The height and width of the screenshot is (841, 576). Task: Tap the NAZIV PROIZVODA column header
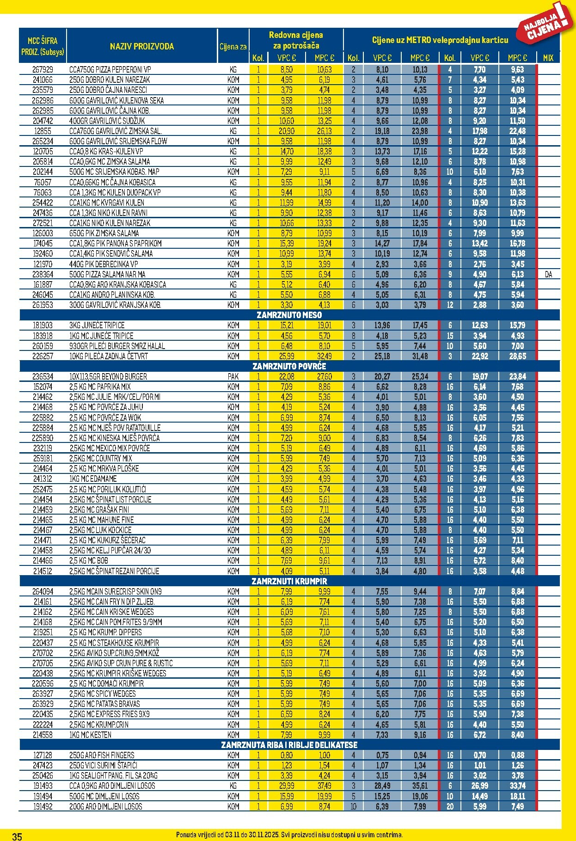tap(142, 46)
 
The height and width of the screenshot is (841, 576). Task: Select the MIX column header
tap(548, 58)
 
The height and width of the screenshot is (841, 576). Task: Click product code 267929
tap(43, 69)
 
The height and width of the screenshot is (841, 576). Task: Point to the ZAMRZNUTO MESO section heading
tap(289, 315)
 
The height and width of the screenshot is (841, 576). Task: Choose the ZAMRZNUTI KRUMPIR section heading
tap(289, 581)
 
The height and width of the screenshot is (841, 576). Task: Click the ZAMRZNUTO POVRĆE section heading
tap(289, 366)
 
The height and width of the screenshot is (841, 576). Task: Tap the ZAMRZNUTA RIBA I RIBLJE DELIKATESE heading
tap(289, 745)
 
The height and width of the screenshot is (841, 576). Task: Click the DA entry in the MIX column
tap(548, 275)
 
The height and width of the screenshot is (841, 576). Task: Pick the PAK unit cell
tap(233, 377)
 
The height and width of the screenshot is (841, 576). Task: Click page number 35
tap(17, 836)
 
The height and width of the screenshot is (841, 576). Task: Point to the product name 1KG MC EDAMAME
tap(93, 479)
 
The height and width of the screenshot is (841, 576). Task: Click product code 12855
tap(43, 131)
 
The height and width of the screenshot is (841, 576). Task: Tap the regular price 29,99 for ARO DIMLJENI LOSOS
tap(287, 786)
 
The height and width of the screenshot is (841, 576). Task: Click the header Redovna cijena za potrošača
tap(296, 40)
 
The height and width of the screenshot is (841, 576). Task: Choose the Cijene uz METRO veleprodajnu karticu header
tap(440, 40)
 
